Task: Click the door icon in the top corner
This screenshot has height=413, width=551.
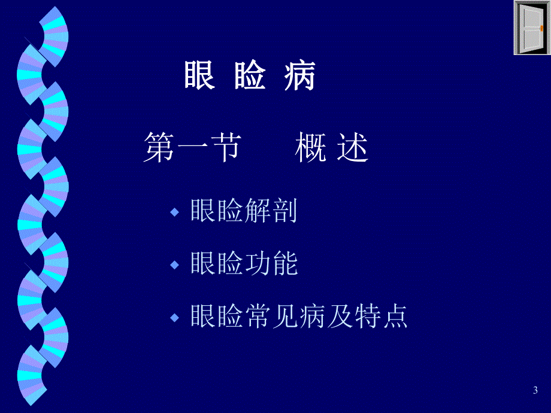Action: tap(532, 28)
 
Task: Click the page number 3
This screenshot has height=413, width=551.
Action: tap(535, 391)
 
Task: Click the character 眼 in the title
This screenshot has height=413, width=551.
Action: tap(199, 76)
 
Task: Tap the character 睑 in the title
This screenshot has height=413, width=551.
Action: tap(250, 76)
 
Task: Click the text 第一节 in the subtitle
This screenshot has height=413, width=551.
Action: tap(192, 149)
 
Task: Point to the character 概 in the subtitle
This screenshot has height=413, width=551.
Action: tap(310, 149)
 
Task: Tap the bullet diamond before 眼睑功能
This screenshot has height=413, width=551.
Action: tap(175, 265)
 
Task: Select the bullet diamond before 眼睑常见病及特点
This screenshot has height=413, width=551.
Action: tap(175, 317)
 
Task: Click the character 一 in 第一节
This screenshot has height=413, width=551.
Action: tap(192, 149)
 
